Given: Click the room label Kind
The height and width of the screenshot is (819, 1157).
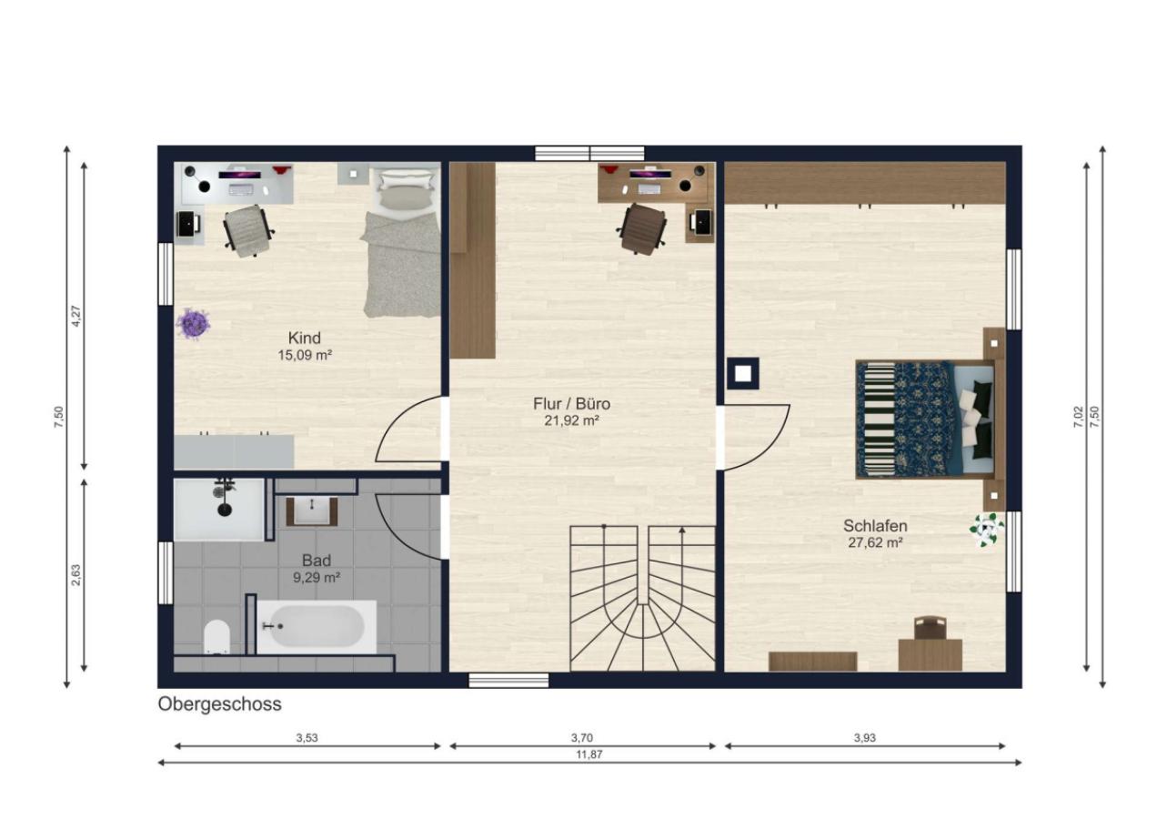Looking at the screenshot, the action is tap(304, 338).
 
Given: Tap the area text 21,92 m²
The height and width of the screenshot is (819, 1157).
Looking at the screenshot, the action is tap(571, 420).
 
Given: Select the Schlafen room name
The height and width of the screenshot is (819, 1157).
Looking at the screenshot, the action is tap(875, 526).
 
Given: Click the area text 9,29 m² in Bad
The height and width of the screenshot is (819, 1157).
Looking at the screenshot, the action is tap(317, 578).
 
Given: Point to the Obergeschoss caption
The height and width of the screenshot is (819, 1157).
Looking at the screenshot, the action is tap(219, 703).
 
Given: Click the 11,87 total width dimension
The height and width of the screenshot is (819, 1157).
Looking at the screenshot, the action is tap(589, 754).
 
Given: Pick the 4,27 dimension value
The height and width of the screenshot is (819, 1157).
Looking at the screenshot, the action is tap(75, 316).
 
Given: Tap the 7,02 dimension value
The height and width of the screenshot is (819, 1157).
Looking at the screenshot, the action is tap(1078, 417).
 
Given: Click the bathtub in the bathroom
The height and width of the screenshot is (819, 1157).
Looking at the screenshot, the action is tap(317, 626).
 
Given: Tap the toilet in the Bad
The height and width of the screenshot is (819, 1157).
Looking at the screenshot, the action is tap(216, 636).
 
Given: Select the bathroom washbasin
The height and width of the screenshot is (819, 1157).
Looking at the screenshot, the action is tap(312, 511).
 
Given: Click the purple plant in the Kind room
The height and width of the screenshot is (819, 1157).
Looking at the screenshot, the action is tap(193, 324).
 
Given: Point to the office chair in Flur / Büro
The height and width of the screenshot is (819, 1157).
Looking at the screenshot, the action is tap(641, 229).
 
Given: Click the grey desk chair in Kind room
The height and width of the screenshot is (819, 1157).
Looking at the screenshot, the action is tap(248, 230).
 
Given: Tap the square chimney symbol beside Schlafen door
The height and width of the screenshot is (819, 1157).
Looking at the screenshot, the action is tap(743, 373).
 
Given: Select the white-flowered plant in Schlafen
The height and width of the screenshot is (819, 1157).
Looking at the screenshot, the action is tap(987, 529).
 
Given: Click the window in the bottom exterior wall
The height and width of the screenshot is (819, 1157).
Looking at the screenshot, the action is tap(508, 681).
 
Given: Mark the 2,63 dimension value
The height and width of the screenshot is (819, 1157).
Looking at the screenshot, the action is tap(75, 574).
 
